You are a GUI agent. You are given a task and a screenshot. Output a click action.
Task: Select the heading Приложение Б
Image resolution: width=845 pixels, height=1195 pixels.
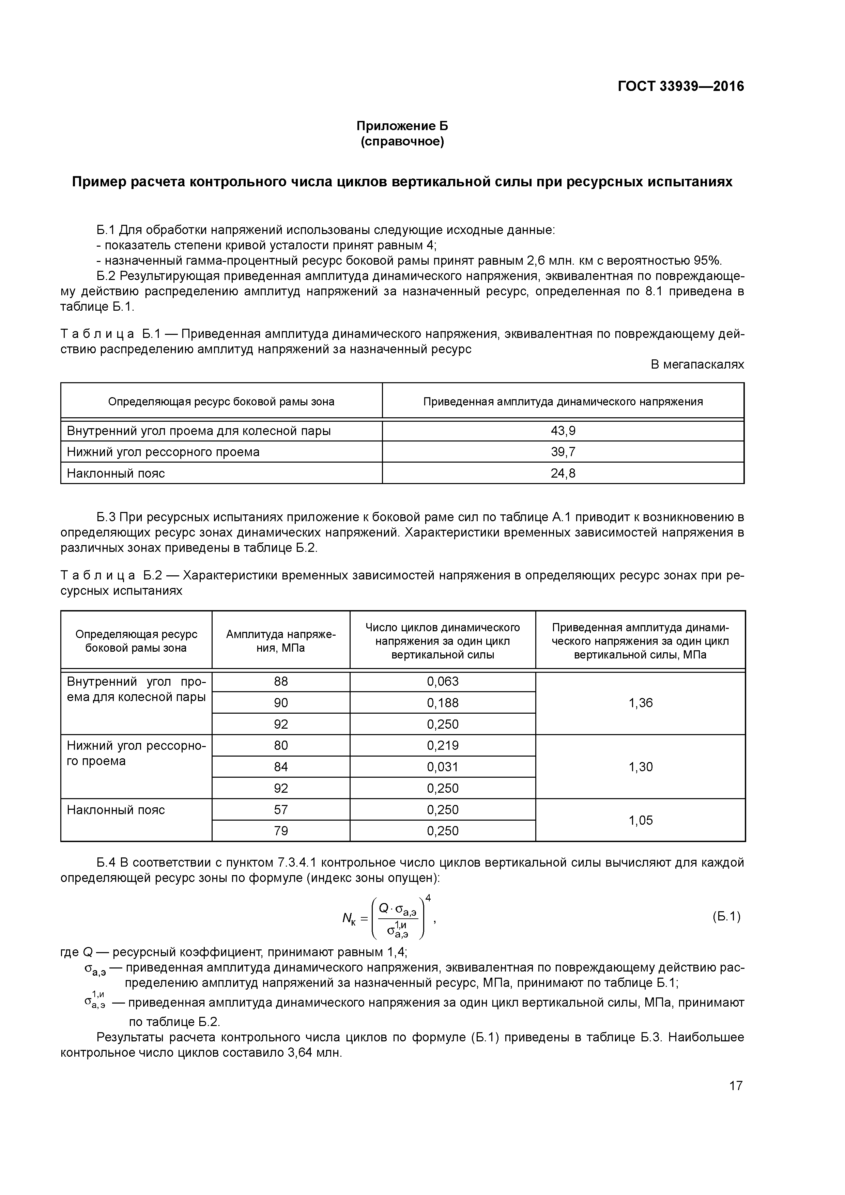click(x=402, y=126)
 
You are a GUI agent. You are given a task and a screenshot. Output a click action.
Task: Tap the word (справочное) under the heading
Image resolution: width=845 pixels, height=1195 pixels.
click(x=402, y=142)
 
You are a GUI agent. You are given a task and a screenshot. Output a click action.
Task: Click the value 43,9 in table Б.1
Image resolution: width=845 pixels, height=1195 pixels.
click(x=563, y=431)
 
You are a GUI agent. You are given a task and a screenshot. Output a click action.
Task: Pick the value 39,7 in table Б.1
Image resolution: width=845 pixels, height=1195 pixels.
click(x=563, y=452)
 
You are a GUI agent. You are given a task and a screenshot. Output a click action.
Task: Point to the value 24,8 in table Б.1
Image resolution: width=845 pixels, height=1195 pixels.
click(x=563, y=473)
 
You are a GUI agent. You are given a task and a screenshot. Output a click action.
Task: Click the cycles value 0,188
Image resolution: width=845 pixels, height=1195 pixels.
click(x=443, y=703)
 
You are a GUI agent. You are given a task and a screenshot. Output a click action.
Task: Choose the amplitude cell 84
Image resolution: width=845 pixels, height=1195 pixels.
click(x=281, y=767)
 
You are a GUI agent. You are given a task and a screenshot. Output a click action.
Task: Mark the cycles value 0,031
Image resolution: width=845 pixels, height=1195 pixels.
click(x=443, y=767)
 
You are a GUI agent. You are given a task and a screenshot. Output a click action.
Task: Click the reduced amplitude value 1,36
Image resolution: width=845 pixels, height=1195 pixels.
click(x=640, y=703)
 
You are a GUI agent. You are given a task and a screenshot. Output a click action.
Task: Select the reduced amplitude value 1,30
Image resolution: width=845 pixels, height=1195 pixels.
click(x=640, y=767)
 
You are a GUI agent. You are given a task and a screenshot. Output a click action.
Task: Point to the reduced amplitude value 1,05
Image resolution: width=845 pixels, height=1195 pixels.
click(x=640, y=820)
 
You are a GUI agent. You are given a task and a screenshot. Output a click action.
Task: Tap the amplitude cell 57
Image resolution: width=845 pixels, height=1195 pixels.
click(x=281, y=809)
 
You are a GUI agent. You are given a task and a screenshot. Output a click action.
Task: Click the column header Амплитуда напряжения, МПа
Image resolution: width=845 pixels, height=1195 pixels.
click(x=281, y=641)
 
